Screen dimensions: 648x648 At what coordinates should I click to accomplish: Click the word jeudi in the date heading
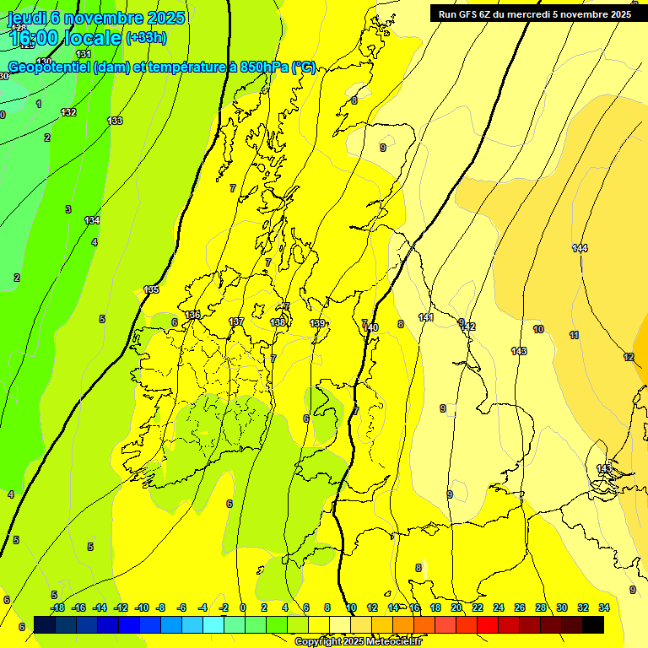(x=27, y=18)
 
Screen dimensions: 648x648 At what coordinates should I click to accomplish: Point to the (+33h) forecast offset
(x=146, y=37)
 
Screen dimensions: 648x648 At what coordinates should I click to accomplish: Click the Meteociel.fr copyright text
(x=358, y=642)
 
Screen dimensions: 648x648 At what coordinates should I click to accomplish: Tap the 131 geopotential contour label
(x=84, y=78)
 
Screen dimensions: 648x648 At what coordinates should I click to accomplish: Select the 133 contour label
(x=115, y=121)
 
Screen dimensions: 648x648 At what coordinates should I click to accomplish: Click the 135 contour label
(x=151, y=289)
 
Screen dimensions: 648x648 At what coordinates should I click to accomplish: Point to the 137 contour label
(x=236, y=321)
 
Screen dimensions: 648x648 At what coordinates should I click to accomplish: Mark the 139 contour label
(x=317, y=323)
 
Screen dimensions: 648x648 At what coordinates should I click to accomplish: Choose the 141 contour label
(x=425, y=317)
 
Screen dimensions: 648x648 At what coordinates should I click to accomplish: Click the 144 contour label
(x=580, y=248)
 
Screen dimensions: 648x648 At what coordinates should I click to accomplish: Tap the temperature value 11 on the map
(x=575, y=336)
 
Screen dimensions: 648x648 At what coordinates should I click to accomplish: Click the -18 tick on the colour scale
(x=57, y=607)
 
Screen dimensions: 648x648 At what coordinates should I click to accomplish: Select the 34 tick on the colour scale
(x=604, y=607)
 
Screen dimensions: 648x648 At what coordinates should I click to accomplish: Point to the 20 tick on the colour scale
(x=456, y=607)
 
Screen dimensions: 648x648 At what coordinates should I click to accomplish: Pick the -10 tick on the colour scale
(x=142, y=607)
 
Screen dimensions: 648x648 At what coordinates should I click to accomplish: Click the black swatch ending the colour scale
(x=593, y=624)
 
